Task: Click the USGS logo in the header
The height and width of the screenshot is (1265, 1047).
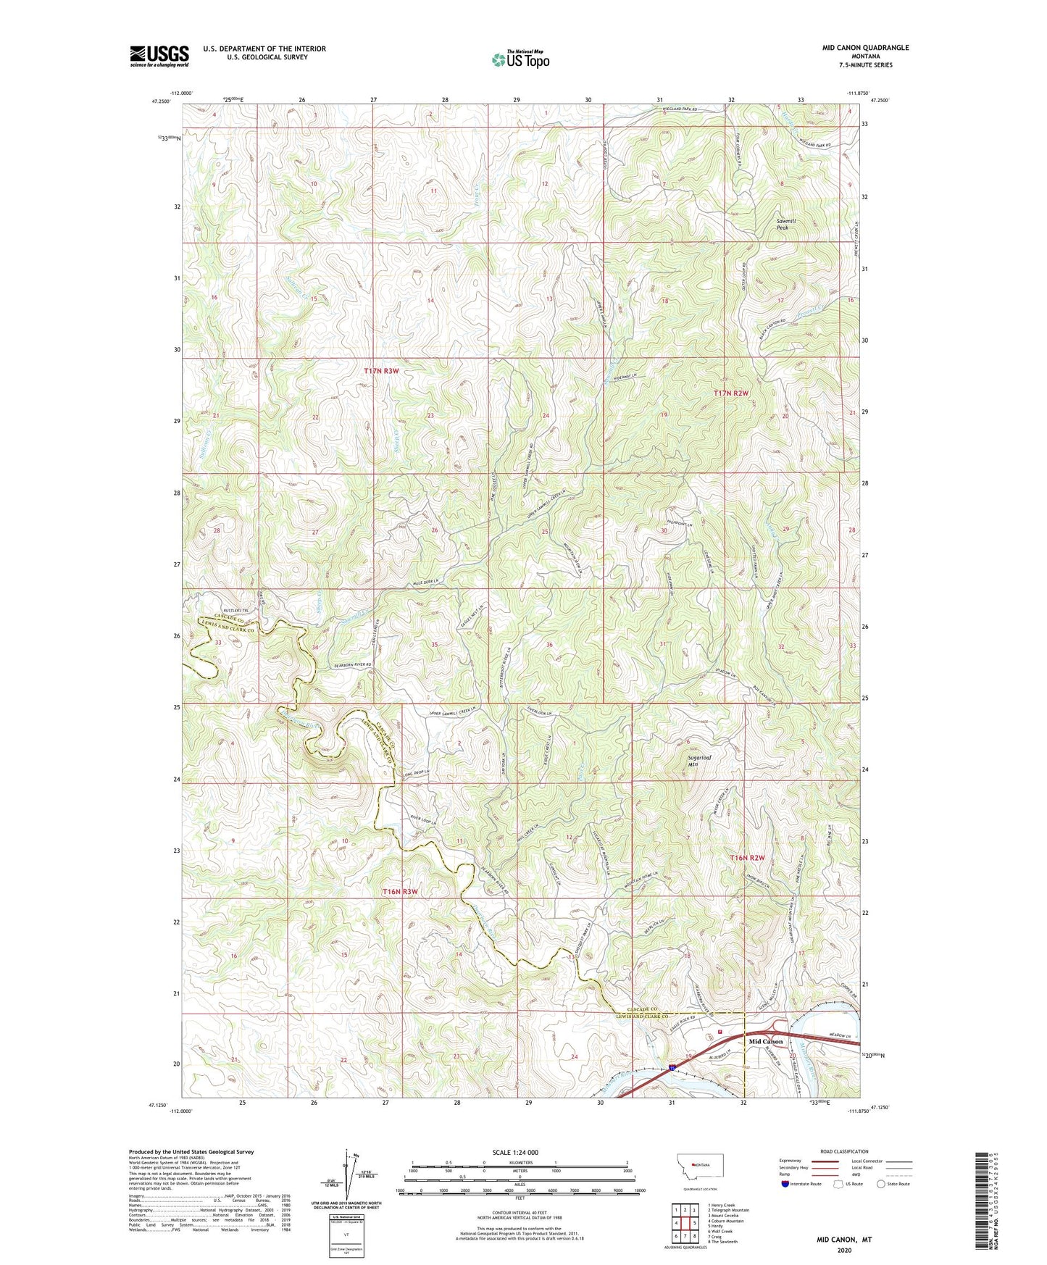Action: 159,56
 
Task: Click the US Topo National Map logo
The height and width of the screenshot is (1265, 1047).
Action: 520,59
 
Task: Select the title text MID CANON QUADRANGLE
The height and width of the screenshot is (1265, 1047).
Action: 865,48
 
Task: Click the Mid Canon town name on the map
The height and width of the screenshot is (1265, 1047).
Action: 765,1042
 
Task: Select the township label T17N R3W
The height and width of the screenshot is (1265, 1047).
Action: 381,371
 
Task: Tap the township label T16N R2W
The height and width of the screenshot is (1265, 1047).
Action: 747,858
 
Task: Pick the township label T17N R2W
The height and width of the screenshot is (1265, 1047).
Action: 730,393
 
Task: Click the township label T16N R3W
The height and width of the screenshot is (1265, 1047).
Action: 400,892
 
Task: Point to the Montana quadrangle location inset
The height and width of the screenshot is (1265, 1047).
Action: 698,1172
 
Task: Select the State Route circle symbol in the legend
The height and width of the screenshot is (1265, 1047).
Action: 880,1185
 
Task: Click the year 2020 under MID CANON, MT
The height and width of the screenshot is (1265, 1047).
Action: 844,1250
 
